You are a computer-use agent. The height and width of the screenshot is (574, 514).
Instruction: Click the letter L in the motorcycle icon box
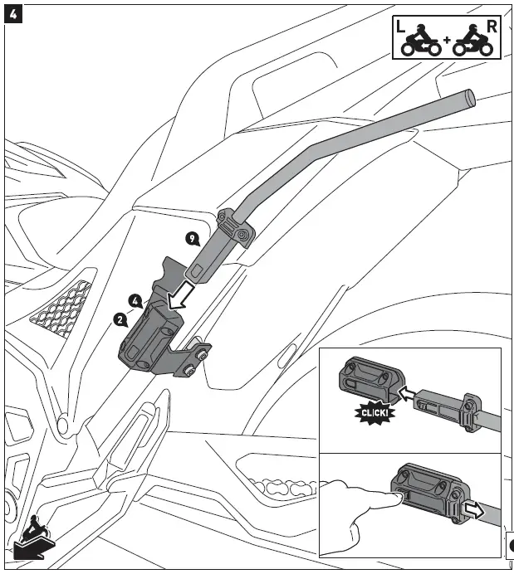coord(402,27)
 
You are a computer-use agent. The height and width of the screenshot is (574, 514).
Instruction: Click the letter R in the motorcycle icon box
coord(492,26)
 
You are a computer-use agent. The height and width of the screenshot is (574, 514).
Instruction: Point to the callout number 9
coord(193,239)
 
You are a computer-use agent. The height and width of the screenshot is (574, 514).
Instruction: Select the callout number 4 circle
coord(135,300)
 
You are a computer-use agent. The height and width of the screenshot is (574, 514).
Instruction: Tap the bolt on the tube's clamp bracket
coord(242,235)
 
